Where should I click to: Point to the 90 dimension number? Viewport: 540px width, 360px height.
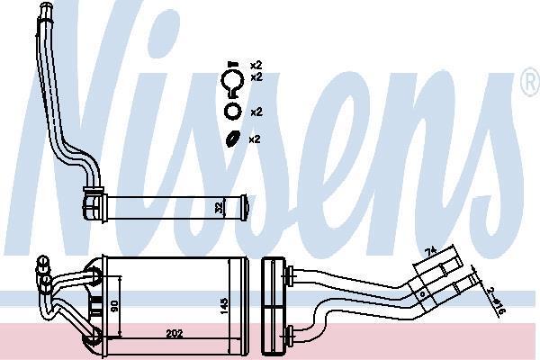[x=114, y=304]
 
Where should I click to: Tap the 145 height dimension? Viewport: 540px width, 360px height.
[x=223, y=305]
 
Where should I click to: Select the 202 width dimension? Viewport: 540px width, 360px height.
[x=175, y=334]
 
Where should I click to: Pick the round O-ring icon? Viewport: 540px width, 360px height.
[x=233, y=111]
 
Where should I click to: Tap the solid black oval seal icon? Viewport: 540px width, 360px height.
[x=233, y=139]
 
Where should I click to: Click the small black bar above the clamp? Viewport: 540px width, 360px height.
[x=233, y=64]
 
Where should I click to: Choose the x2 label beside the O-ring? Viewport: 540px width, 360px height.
[x=256, y=112]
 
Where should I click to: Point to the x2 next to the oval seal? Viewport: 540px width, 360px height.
[x=255, y=139]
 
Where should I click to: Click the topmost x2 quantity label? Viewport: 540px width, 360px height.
[x=256, y=65]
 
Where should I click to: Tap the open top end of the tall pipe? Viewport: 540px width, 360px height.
[x=45, y=6]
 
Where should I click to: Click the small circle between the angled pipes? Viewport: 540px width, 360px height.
[x=422, y=294]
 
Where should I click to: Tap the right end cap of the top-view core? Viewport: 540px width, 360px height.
[x=244, y=207]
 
